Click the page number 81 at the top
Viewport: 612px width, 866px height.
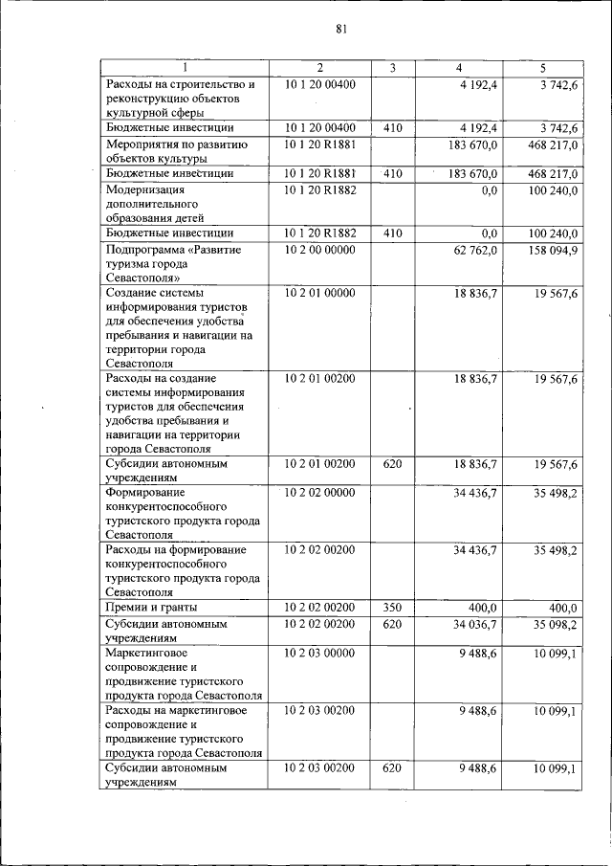tap(340, 29)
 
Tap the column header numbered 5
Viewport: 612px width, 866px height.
tap(542, 68)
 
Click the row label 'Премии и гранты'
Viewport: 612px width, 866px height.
tap(152, 608)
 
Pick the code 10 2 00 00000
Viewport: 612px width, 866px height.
tap(320, 250)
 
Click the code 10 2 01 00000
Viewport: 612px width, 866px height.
tap(320, 293)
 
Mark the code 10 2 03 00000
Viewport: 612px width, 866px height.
tap(320, 653)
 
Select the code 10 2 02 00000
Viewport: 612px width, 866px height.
tap(320, 493)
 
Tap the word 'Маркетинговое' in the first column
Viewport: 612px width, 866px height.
tap(148, 653)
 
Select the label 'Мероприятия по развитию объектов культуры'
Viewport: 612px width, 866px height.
tap(177, 151)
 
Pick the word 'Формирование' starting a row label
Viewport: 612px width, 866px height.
tap(146, 493)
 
